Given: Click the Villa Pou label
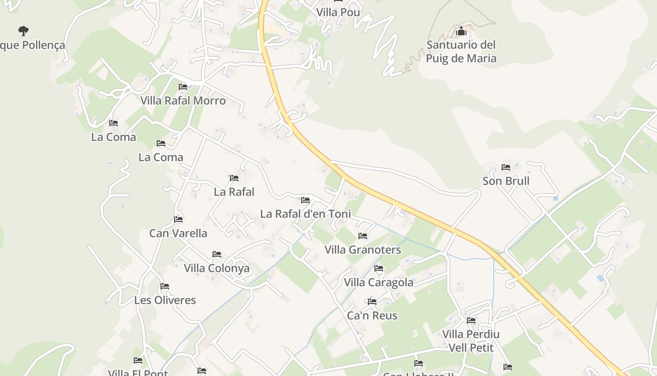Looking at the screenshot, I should [338, 12].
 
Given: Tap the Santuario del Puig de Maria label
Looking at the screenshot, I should [461, 52].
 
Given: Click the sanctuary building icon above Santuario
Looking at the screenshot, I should [461, 32].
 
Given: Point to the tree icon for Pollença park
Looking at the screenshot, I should [23, 31].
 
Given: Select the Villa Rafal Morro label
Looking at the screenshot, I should [183, 101].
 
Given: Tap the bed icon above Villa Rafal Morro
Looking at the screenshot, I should [183, 87].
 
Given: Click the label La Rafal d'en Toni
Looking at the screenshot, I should [306, 214].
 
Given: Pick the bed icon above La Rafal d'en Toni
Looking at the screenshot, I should [306, 200].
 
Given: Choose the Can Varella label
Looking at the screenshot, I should [178, 233].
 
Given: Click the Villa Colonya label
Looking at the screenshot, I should [217, 268].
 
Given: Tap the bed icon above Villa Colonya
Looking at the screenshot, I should [217, 254].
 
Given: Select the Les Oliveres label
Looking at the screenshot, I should [165, 300].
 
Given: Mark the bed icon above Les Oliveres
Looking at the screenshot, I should [165, 286].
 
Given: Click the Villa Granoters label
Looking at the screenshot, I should [363, 250].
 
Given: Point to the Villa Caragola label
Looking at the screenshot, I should [379, 282].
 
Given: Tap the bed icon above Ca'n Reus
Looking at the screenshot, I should [372, 302].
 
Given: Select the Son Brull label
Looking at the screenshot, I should [506, 181].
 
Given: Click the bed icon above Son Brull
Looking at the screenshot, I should [506, 167].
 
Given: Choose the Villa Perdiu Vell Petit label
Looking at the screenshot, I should [471, 341].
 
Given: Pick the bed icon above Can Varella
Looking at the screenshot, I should [178, 219].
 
